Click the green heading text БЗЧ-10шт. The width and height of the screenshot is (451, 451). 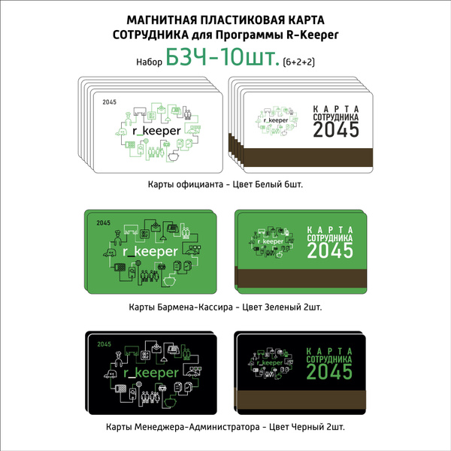coord(222,57)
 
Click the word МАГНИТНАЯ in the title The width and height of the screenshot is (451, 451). coord(162,20)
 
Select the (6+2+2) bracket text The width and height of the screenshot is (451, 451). coord(299,62)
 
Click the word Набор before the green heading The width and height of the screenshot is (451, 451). coord(149,62)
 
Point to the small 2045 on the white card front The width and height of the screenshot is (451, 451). coord(109,102)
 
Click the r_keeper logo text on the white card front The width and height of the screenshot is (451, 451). coord(157,131)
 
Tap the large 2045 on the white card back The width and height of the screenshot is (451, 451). coord(336,129)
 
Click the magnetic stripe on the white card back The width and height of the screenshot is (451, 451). coord(308,157)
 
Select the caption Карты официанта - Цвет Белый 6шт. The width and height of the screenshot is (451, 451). coord(225,184)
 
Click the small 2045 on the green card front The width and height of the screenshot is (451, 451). coord(103,223)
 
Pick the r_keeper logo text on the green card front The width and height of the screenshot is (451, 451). coord(150,252)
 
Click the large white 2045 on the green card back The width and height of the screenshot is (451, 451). coord(330,250)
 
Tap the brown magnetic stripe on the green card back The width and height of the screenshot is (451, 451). coord(302,278)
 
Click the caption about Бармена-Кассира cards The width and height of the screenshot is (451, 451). coord(225,307)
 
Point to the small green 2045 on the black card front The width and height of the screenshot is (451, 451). coord(104,344)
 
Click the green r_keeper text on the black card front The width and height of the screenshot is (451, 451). coord(151,373)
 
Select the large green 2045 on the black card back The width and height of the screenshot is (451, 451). coord(329,371)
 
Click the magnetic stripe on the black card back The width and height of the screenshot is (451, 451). coord(301,400)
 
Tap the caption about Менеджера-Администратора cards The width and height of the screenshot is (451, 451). coord(225,427)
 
